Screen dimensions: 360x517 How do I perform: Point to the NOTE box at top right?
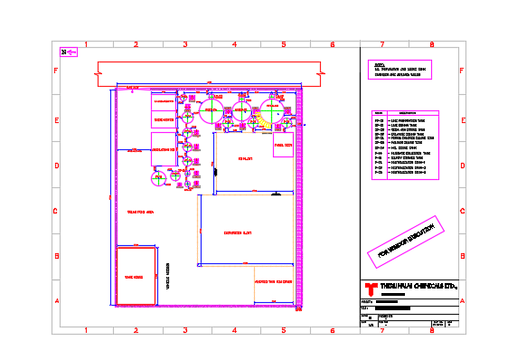403,71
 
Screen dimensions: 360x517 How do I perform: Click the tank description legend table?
404,146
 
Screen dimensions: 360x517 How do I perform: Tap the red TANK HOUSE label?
132,279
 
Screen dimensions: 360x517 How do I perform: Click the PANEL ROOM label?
282,145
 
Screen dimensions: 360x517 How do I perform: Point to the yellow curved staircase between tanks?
255,116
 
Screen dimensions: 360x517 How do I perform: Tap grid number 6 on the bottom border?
333,330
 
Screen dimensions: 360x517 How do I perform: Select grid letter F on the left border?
56,71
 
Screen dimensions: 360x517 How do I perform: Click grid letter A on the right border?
462,302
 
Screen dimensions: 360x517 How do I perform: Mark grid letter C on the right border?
462,212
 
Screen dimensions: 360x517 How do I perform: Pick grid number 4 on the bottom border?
234,330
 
